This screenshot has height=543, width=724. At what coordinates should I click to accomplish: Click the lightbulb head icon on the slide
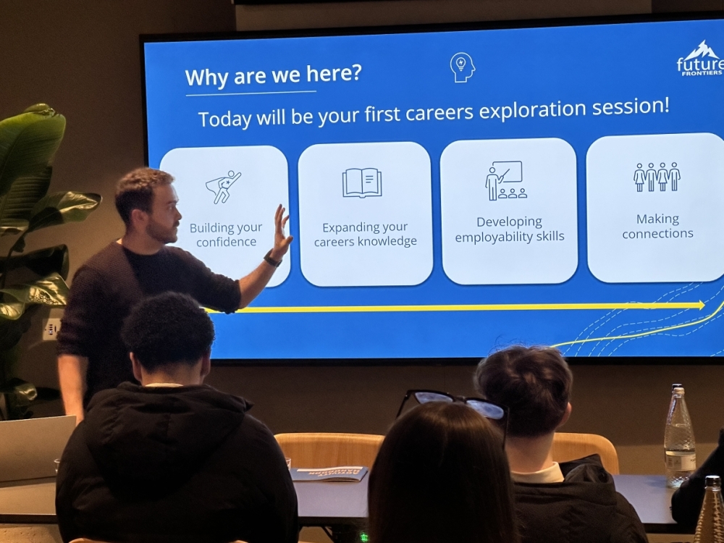tap(462, 67)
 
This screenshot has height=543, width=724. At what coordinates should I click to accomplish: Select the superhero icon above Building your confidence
tap(224, 187)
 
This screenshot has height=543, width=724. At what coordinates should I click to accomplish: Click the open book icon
tap(362, 183)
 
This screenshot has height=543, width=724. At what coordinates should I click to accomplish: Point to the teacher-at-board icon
tap(505, 180)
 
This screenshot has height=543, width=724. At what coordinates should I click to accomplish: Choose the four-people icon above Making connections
tap(657, 177)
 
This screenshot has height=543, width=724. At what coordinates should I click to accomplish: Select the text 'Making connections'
tap(657, 226)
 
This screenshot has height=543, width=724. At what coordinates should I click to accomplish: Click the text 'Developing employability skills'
tap(509, 229)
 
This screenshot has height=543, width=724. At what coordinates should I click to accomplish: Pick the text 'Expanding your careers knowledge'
tap(365, 234)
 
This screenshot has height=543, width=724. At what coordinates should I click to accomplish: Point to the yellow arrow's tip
tap(704, 305)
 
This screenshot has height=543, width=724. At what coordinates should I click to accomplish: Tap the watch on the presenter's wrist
tap(272, 259)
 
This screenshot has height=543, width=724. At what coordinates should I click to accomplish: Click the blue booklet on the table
tap(329, 473)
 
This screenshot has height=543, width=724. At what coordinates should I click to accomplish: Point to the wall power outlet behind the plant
tap(51, 329)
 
